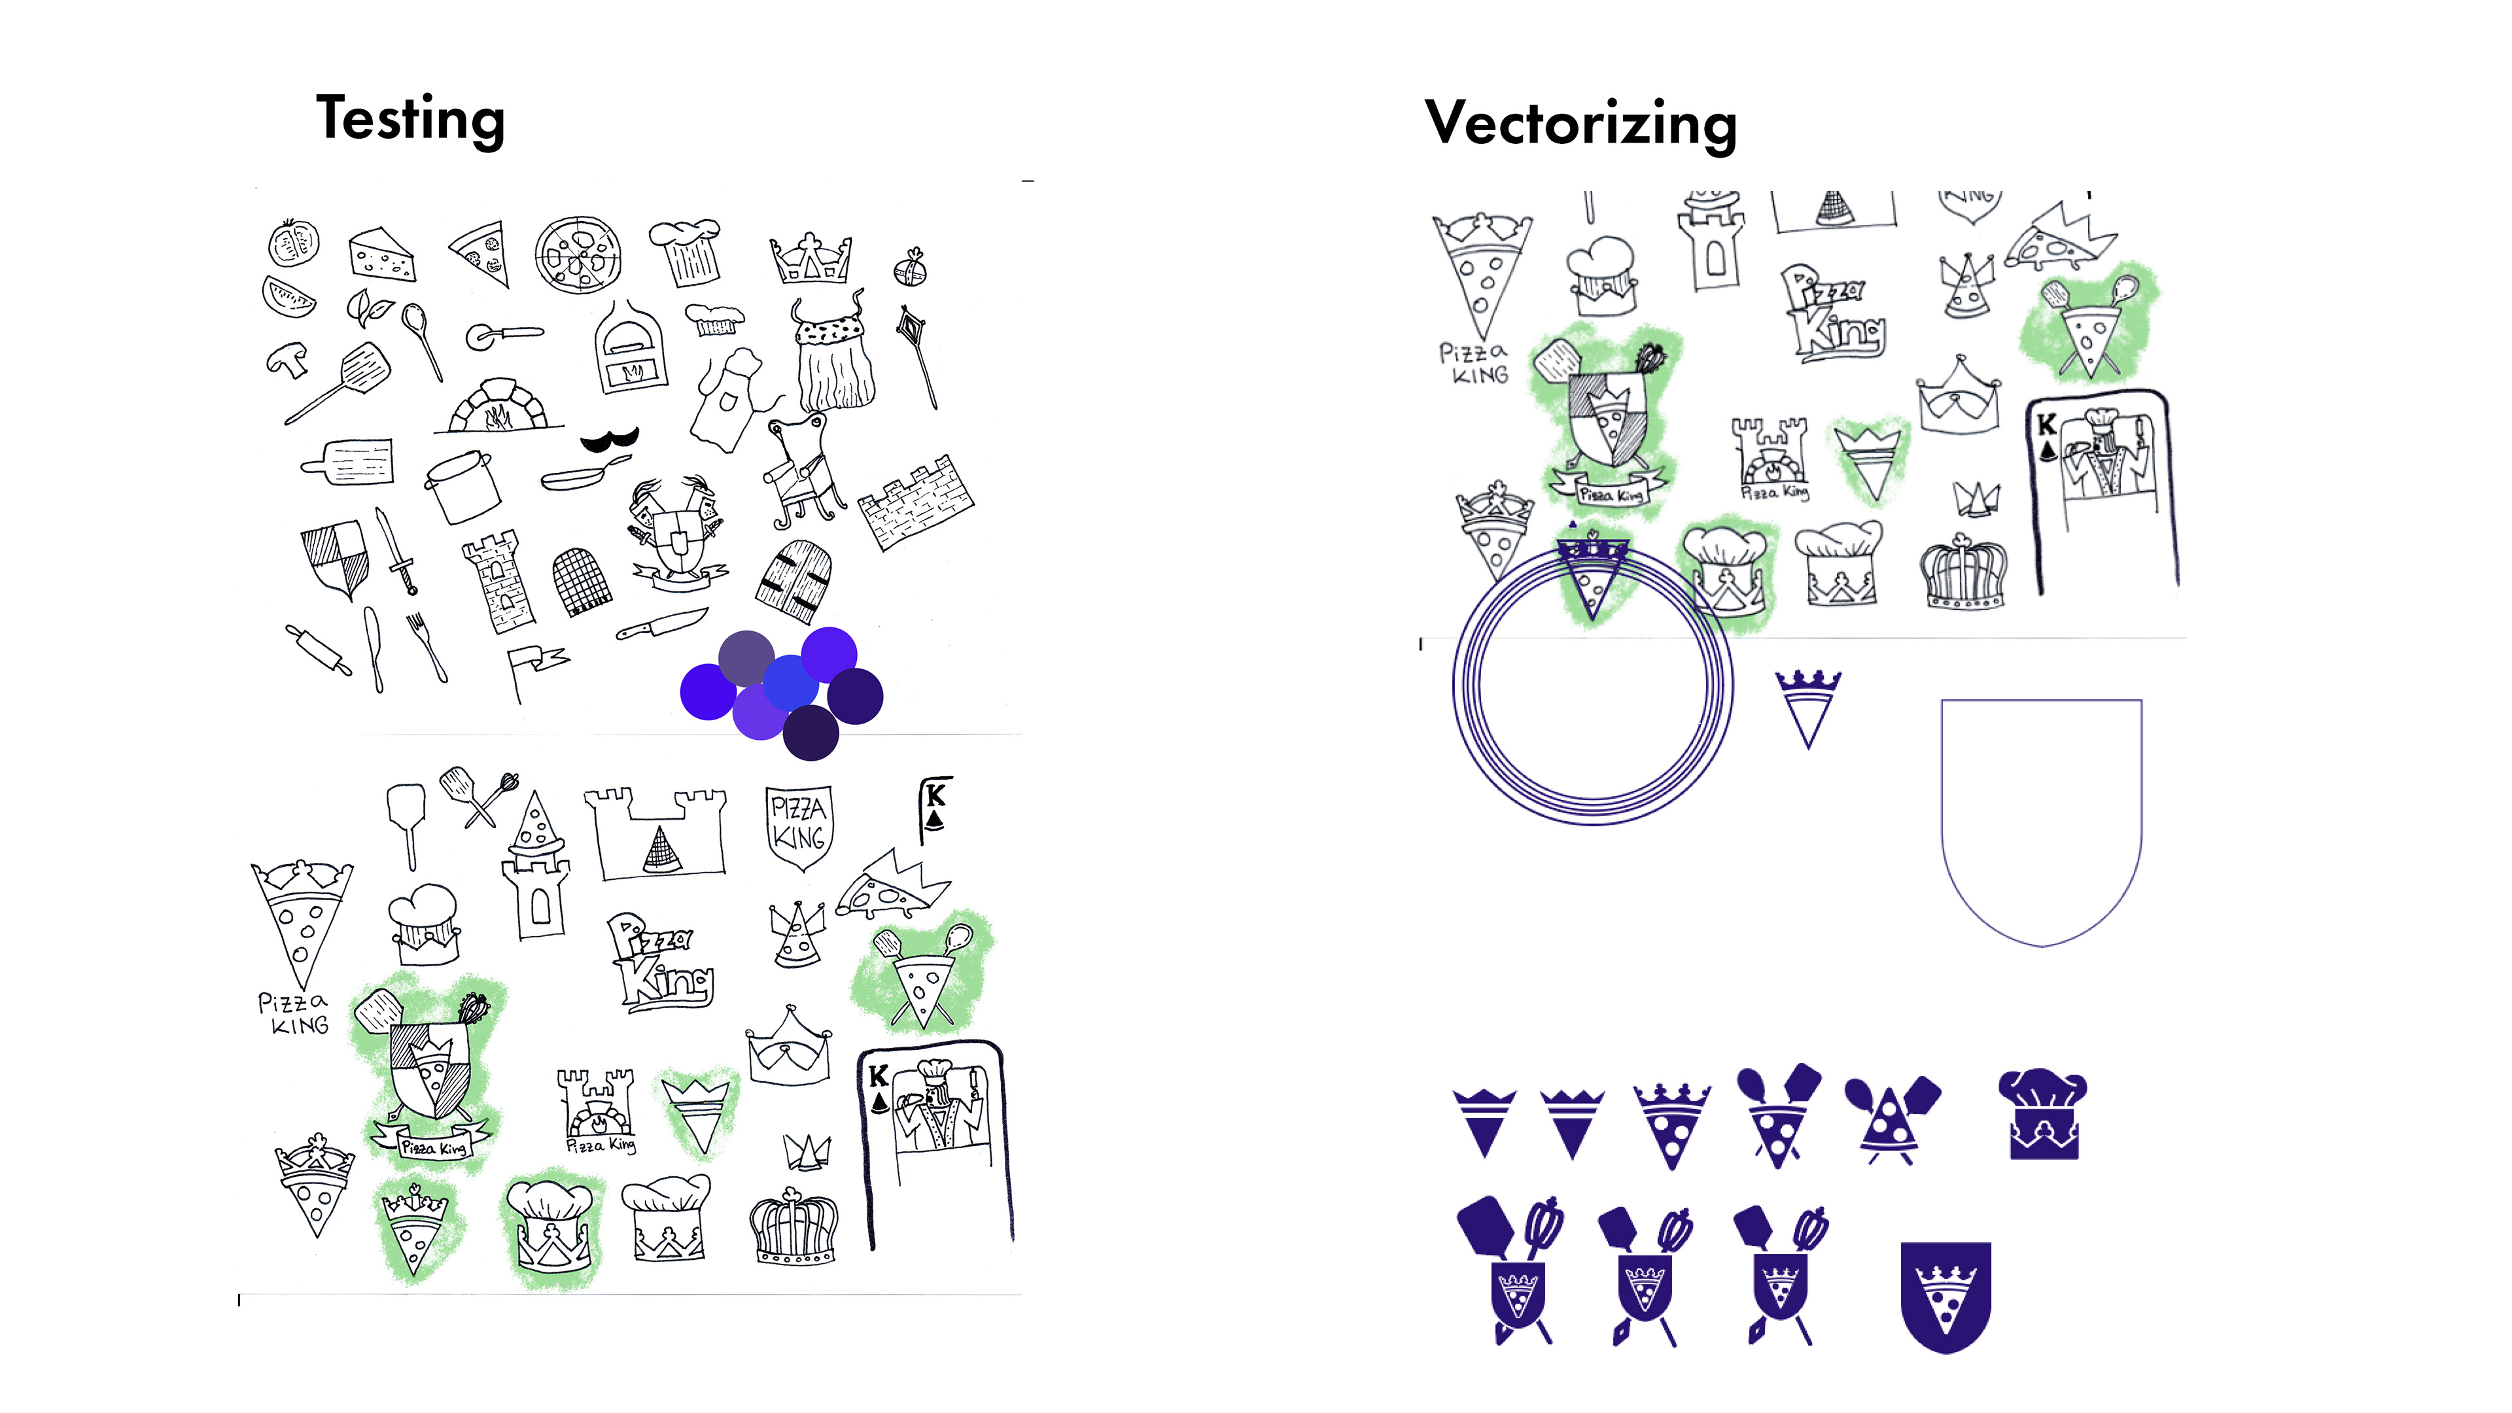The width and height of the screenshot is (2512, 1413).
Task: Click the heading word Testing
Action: click(411, 120)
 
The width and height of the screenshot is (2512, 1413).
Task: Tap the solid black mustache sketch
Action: click(610, 440)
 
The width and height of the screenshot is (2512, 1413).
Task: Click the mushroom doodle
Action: click(288, 359)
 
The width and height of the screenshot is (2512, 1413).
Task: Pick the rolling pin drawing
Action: click(318, 650)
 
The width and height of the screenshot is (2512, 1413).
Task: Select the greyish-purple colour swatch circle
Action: click(746, 658)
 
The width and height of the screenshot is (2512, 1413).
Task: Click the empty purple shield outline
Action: click(2041, 819)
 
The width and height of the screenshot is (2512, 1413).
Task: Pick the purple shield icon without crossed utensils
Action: click(1945, 1296)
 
